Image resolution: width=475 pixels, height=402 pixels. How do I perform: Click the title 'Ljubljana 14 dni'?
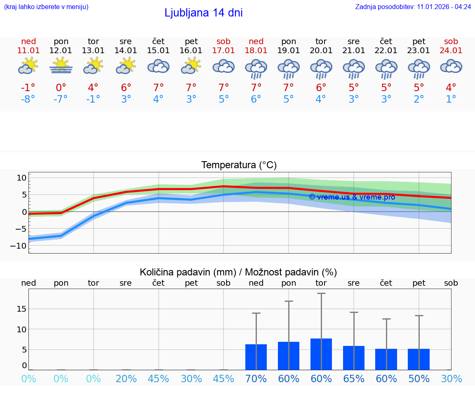pos(203,13)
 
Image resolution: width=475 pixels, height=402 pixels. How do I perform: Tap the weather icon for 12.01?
pos(61,66)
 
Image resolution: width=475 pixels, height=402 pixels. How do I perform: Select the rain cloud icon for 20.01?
pos(321,68)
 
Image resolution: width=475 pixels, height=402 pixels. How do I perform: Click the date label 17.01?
pos(223,51)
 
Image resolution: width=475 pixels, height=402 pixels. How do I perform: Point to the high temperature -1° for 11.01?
pos(28,88)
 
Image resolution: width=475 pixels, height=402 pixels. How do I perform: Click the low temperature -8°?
pos(28,99)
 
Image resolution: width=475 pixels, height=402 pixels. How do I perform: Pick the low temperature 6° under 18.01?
pos(256,99)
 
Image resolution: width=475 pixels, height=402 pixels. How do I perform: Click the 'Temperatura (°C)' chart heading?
pos(239,165)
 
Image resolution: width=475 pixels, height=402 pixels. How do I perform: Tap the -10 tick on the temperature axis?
pos(21,246)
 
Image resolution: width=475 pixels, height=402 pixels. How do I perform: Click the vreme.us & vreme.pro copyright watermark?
pos(352,197)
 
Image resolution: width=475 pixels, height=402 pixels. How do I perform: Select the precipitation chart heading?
pos(238,272)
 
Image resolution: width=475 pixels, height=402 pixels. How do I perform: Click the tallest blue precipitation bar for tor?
pos(321,354)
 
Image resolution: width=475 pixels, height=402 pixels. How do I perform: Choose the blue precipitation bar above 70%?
pos(256,357)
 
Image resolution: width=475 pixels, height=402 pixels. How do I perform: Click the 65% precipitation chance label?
pos(354,379)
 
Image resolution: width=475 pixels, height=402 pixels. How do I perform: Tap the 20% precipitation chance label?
pos(126,379)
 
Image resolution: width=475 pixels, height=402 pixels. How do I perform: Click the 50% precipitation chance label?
pos(419,379)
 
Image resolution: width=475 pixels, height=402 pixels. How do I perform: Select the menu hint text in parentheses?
pos(46,7)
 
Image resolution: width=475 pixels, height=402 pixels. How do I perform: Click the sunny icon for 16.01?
pos(191,66)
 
